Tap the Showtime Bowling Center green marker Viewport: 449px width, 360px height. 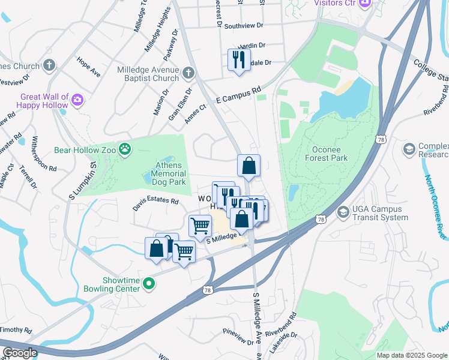pos(150,283)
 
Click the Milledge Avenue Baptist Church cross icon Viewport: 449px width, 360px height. pos(188,73)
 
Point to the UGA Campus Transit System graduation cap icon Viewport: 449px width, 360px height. pos(343,212)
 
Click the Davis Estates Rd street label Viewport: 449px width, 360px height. pos(156,205)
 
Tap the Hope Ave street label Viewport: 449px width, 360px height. pos(88,67)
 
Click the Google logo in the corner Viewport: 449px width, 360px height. pos(19,353)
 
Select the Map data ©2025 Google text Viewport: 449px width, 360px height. pos(411,355)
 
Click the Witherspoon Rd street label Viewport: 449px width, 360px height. pos(43,155)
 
